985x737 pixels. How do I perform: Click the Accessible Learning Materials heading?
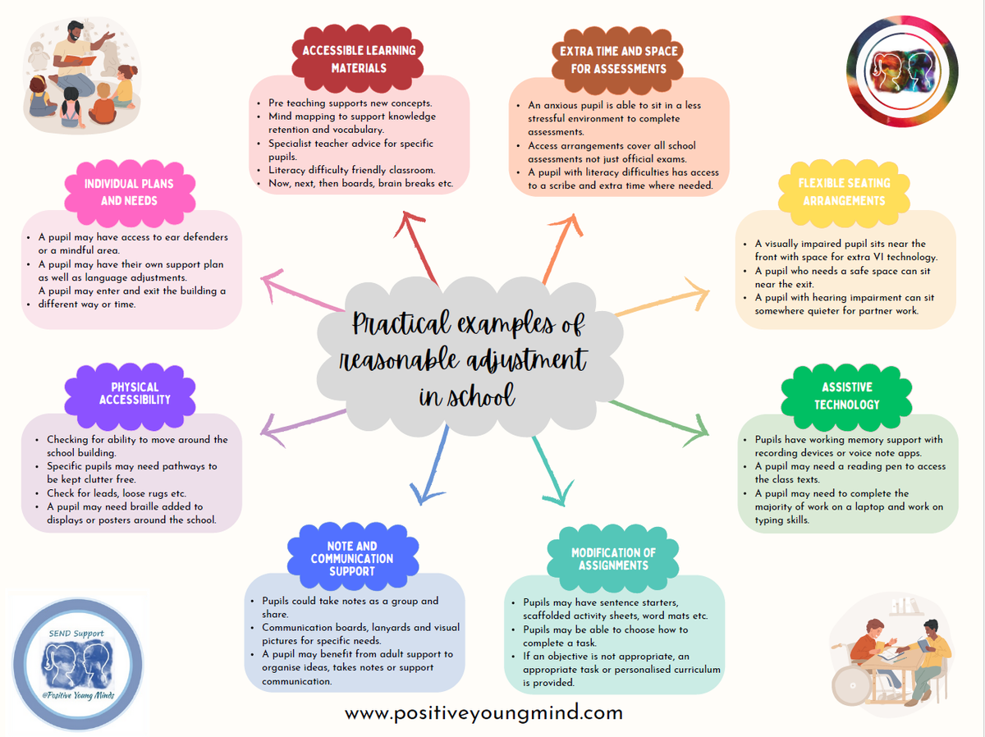(359, 59)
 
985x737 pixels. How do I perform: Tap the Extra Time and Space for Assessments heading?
(618, 60)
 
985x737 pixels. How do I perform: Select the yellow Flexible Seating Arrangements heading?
(844, 191)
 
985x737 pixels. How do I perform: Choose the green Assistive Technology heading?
(847, 396)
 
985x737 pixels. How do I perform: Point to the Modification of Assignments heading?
(613, 558)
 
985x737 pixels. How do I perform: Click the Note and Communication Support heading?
(352, 558)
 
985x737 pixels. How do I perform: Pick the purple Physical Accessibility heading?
(135, 393)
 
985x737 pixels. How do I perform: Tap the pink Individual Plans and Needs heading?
(129, 192)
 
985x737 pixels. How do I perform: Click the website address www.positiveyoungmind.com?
(483, 713)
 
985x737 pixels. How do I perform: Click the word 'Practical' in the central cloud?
(401, 323)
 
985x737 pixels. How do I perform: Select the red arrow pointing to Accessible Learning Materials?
(415, 247)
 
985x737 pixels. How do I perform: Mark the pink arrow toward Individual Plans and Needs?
(301, 291)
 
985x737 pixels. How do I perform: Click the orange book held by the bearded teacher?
(80, 60)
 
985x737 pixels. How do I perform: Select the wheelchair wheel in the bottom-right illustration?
(851, 685)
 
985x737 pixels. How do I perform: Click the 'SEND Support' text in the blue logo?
(76, 634)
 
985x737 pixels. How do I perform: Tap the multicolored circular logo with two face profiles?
(902, 71)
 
